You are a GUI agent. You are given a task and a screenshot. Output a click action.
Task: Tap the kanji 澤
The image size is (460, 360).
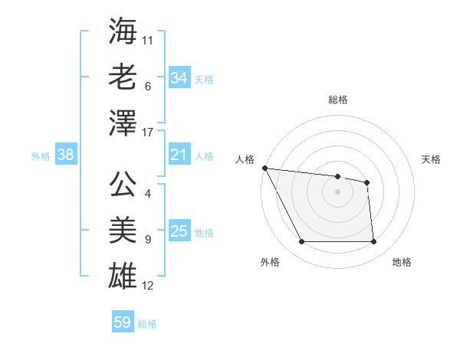[123, 123]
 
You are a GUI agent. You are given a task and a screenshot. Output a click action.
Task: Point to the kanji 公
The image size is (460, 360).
[123, 185]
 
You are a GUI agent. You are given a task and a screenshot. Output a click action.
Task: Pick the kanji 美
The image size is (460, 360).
[123, 231]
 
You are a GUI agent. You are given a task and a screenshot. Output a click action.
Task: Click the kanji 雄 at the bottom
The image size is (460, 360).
[123, 277]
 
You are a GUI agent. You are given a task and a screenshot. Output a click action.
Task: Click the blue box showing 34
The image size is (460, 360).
[179, 78]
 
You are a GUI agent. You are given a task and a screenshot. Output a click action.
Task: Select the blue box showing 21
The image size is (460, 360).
[179, 155]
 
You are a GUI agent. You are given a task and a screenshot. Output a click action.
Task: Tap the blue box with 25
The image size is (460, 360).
[179, 232]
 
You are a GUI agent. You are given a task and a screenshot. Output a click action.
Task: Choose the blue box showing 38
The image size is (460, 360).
[65, 155]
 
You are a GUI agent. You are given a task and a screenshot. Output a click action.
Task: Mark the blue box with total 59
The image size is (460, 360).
[123, 322]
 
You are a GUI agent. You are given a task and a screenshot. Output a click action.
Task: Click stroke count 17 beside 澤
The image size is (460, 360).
[148, 132]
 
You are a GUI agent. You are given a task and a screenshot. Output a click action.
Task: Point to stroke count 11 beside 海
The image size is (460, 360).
[148, 40]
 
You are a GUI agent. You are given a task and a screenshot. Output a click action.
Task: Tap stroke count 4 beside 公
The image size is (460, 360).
[148, 194]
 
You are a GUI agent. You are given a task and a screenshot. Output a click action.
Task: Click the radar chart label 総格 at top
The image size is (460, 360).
[337, 100]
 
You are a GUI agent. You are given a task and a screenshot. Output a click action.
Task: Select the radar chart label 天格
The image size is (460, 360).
[432, 159]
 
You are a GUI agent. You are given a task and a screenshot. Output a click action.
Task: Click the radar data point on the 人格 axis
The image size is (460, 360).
[264, 168]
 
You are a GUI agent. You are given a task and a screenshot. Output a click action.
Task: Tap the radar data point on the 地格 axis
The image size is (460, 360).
[373, 242]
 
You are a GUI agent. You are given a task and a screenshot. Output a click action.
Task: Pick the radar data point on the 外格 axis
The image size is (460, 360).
[301, 242]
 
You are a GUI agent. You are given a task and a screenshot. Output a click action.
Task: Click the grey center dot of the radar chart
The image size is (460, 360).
[337, 191]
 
